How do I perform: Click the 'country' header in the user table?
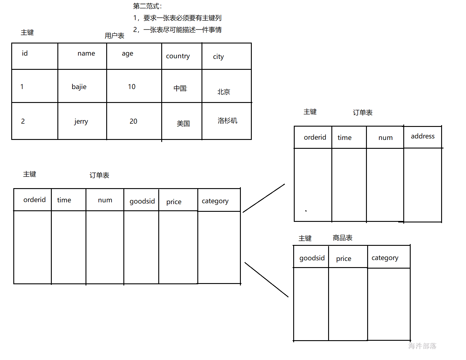point(178,56)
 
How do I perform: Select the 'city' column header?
point(218,57)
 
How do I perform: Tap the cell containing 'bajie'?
point(79,87)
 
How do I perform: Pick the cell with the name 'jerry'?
point(81,122)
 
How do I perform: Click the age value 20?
point(133,121)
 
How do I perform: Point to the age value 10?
point(132,87)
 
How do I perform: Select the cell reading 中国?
point(180,88)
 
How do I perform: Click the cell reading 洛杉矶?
point(227,121)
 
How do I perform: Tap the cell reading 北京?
point(224,92)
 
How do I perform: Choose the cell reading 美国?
point(183,124)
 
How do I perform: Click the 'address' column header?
point(423,136)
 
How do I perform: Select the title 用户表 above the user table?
point(115,36)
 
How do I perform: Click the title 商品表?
point(342,238)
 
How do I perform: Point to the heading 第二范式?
point(147,6)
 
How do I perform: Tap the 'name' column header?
point(86,54)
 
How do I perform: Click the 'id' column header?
point(25,54)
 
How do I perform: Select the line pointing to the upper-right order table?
point(264,198)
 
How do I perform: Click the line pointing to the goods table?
point(266,280)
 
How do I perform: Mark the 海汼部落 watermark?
point(422,346)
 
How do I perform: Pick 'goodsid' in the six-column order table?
point(142,201)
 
